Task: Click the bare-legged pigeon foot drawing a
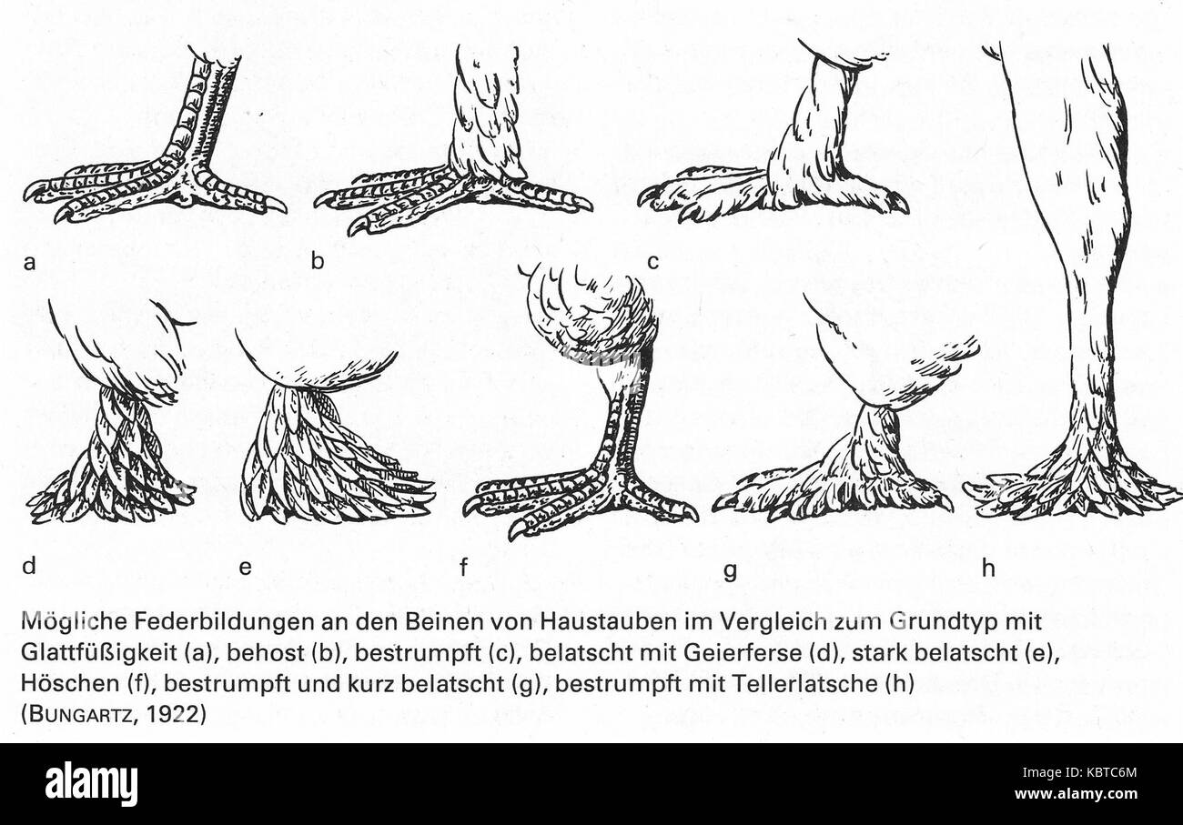[164, 155]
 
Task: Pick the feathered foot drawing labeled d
[114, 437]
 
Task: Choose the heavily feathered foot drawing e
[328, 446]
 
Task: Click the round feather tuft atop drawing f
[591, 314]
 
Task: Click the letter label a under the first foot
[30, 263]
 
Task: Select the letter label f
[463, 568]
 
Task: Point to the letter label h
[989, 568]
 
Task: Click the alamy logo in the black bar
[92, 784]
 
